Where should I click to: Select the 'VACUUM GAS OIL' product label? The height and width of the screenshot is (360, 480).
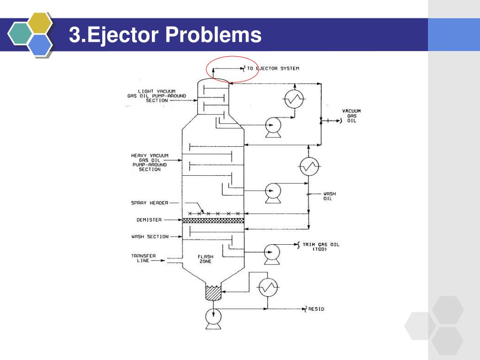(x=351, y=116)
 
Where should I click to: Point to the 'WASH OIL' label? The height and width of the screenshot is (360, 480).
(x=330, y=196)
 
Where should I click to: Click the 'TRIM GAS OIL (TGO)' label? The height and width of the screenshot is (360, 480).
(x=322, y=247)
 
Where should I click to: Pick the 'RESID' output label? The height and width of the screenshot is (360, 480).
(x=316, y=309)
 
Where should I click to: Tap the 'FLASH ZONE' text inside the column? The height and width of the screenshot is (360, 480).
(x=205, y=259)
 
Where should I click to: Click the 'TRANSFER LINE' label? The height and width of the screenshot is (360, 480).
(x=143, y=258)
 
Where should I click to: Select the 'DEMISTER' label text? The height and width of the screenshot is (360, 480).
(x=149, y=220)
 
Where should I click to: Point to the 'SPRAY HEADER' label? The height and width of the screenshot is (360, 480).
(x=149, y=203)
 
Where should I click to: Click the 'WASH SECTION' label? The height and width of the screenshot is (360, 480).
(x=150, y=237)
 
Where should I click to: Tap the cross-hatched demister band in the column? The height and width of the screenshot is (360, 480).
(x=213, y=220)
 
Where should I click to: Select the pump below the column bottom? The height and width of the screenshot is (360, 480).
(x=214, y=319)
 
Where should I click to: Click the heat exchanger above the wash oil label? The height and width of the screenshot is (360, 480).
(x=309, y=165)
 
